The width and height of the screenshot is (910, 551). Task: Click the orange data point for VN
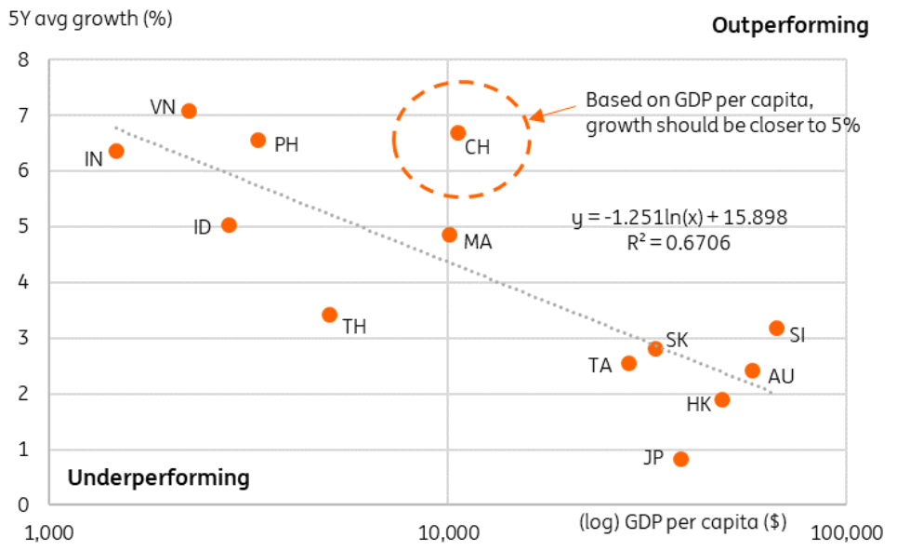[189, 111]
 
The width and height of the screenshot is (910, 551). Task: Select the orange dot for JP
[680, 459]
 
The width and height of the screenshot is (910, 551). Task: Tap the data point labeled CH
[457, 133]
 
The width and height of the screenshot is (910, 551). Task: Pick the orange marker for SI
[777, 328]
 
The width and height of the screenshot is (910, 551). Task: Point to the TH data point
[329, 315]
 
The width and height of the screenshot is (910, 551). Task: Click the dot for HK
[721, 400]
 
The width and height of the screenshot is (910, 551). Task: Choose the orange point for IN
[116, 151]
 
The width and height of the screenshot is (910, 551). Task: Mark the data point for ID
[229, 225]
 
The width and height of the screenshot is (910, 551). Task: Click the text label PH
[286, 145]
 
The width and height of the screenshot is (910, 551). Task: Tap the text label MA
[477, 243]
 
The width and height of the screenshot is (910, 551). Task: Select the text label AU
[781, 376]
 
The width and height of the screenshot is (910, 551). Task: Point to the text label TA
[600, 366]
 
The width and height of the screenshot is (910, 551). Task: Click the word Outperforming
[790, 25]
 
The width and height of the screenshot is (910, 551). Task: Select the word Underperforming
[158, 478]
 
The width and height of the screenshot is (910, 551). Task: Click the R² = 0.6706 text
[679, 243]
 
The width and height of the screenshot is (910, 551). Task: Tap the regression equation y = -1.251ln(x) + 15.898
[679, 219]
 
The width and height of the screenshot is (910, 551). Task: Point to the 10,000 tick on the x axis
[448, 533]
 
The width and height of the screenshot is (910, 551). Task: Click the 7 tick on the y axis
[25, 116]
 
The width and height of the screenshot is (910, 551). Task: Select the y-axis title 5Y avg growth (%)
[90, 18]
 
